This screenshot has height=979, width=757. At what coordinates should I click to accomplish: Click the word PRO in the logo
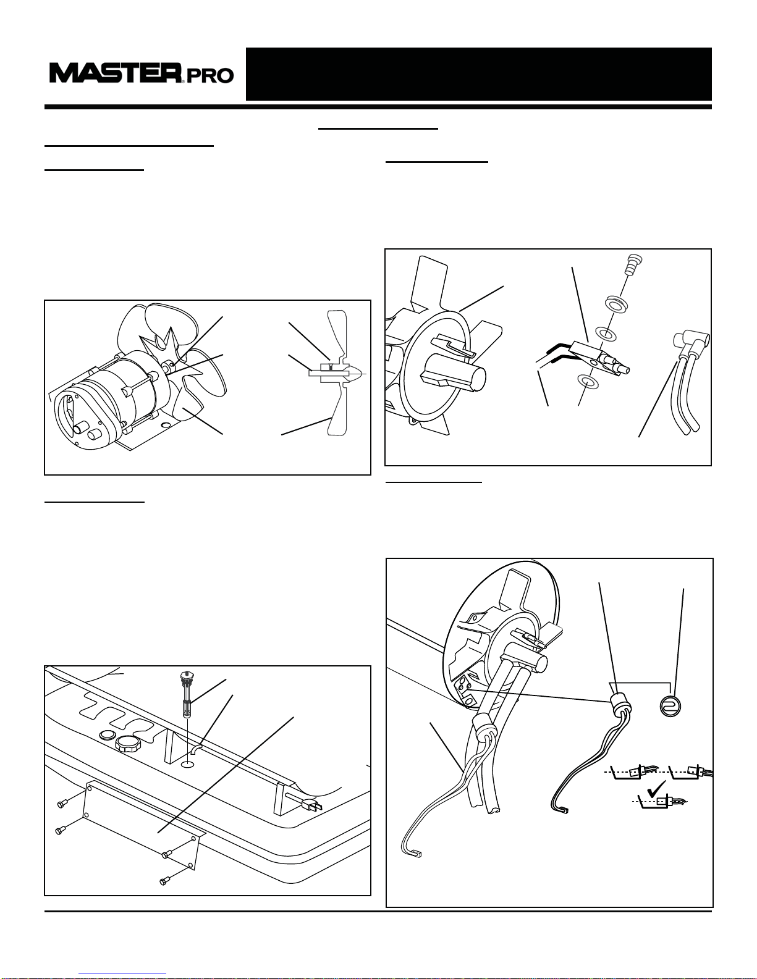[x=210, y=76]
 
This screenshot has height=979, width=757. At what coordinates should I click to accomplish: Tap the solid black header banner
[x=478, y=74]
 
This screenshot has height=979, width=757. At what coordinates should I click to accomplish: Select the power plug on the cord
[x=312, y=804]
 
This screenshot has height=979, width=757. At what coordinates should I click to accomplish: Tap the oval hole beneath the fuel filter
[x=187, y=765]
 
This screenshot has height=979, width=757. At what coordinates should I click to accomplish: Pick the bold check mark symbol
[x=656, y=788]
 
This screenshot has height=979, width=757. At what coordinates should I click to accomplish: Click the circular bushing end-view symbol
[x=670, y=705]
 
